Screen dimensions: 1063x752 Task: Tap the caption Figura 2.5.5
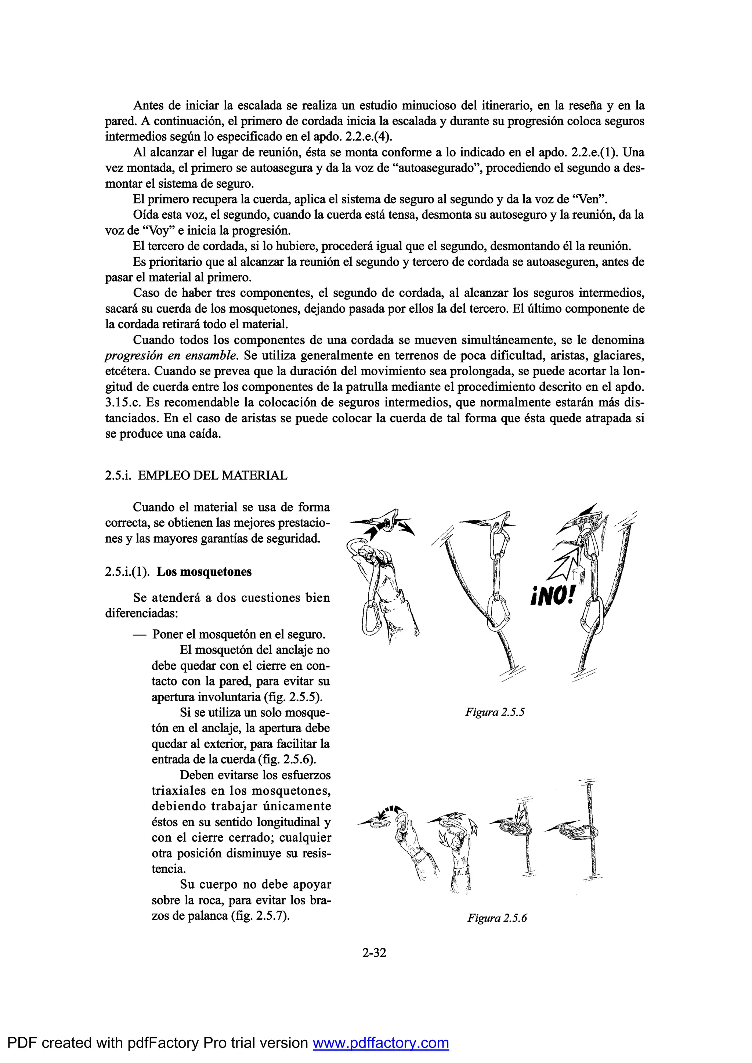point(495,712)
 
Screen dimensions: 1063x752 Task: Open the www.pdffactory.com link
point(381,1043)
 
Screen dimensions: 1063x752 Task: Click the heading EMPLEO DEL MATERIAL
point(213,476)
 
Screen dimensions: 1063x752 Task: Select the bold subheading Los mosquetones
point(204,572)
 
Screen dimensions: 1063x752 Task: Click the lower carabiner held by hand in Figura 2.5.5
point(369,618)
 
